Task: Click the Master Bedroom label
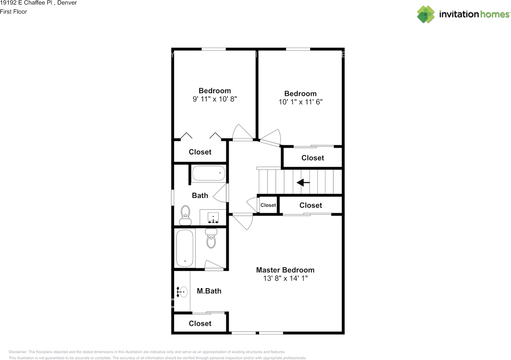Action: (x=285, y=270)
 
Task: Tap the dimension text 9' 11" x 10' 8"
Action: (x=215, y=99)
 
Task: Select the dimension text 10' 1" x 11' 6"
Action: (x=301, y=102)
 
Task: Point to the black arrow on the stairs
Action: (x=303, y=182)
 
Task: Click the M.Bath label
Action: (x=209, y=291)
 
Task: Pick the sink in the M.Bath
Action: (x=182, y=292)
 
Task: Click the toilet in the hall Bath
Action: (x=185, y=216)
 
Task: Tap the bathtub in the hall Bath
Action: (x=209, y=173)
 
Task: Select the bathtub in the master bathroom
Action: (x=185, y=248)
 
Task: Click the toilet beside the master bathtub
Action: (x=211, y=238)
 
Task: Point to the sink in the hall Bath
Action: (x=213, y=218)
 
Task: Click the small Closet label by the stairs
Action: (x=268, y=205)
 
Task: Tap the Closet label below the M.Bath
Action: (x=200, y=324)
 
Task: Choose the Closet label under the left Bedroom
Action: (x=200, y=152)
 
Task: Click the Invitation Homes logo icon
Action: (x=426, y=14)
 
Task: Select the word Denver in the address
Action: (x=67, y=3)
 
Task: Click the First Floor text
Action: (x=14, y=12)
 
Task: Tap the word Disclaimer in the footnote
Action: (x=18, y=352)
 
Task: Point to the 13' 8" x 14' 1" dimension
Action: (x=285, y=279)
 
